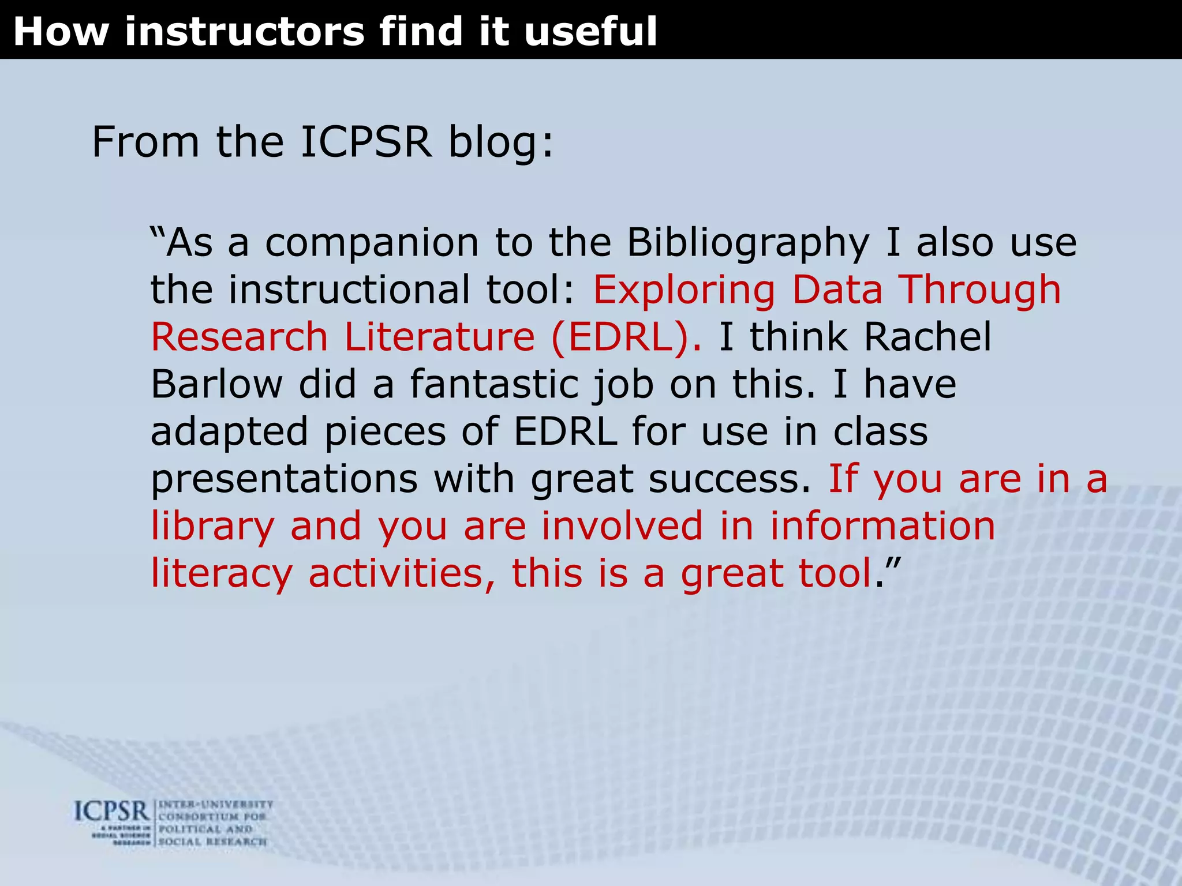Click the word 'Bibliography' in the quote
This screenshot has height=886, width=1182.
pos(748,243)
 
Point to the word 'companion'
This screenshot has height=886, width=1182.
pos(372,243)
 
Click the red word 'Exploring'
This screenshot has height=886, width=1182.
pos(684,290)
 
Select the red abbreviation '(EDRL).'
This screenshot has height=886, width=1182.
pos(626,337)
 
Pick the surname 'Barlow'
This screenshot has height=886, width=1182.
pos(216,384)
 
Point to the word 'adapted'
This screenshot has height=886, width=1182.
pos(229,432)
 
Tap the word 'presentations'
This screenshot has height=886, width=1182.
pos(284,479)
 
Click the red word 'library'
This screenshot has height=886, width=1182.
pos(212,527)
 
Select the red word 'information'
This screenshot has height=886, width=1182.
pos(882,527)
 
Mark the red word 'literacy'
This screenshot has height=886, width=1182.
pos(221,574)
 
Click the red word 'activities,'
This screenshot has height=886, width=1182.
pos(402,574)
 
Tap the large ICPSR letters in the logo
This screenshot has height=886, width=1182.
pos(112,812)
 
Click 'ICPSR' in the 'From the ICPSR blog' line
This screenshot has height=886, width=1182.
pos(366,142)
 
